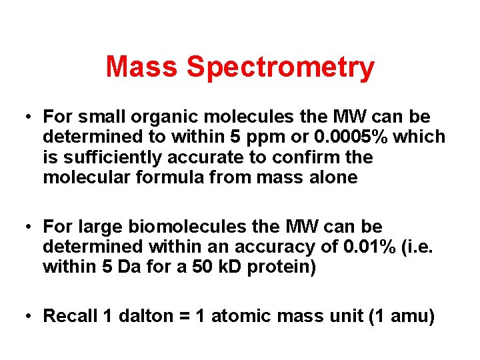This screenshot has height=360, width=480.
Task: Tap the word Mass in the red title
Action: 143,68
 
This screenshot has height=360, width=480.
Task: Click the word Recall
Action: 70,316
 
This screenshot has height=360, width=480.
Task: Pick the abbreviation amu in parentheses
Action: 409,316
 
